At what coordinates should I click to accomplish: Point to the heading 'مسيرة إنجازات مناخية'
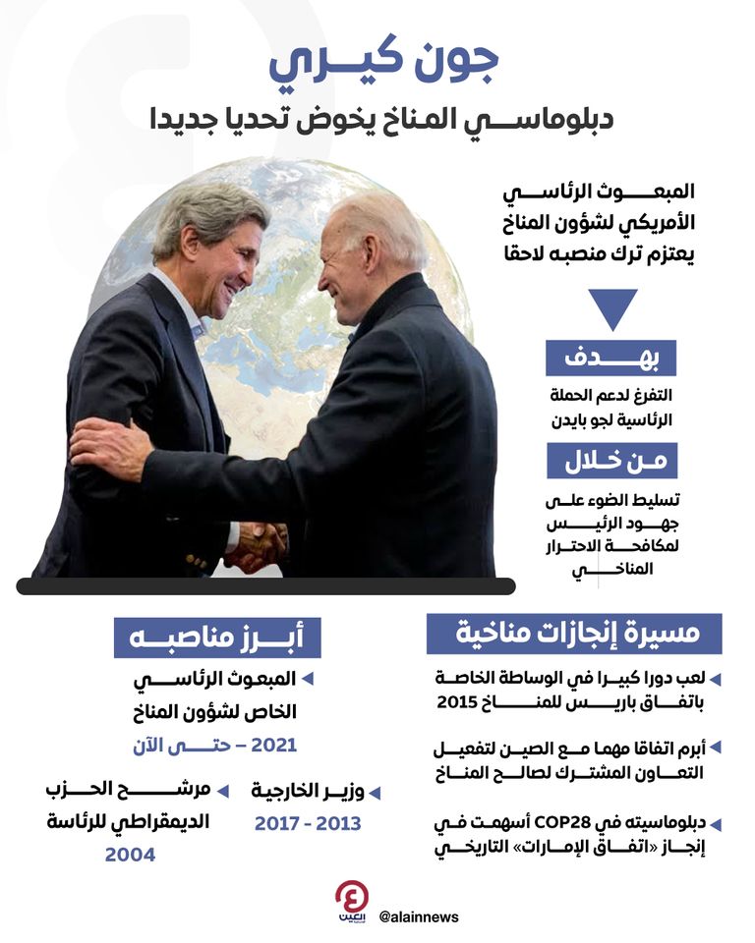[574, 634]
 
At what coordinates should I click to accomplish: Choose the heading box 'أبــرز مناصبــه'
[216, 637]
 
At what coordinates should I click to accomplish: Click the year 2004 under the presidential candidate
[130, 855]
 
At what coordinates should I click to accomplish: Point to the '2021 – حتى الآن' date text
[214, 745]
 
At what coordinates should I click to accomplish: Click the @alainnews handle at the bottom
[418, 916]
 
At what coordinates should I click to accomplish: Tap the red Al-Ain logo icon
[351, 901]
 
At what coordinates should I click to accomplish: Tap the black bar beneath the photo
[265, 586]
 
